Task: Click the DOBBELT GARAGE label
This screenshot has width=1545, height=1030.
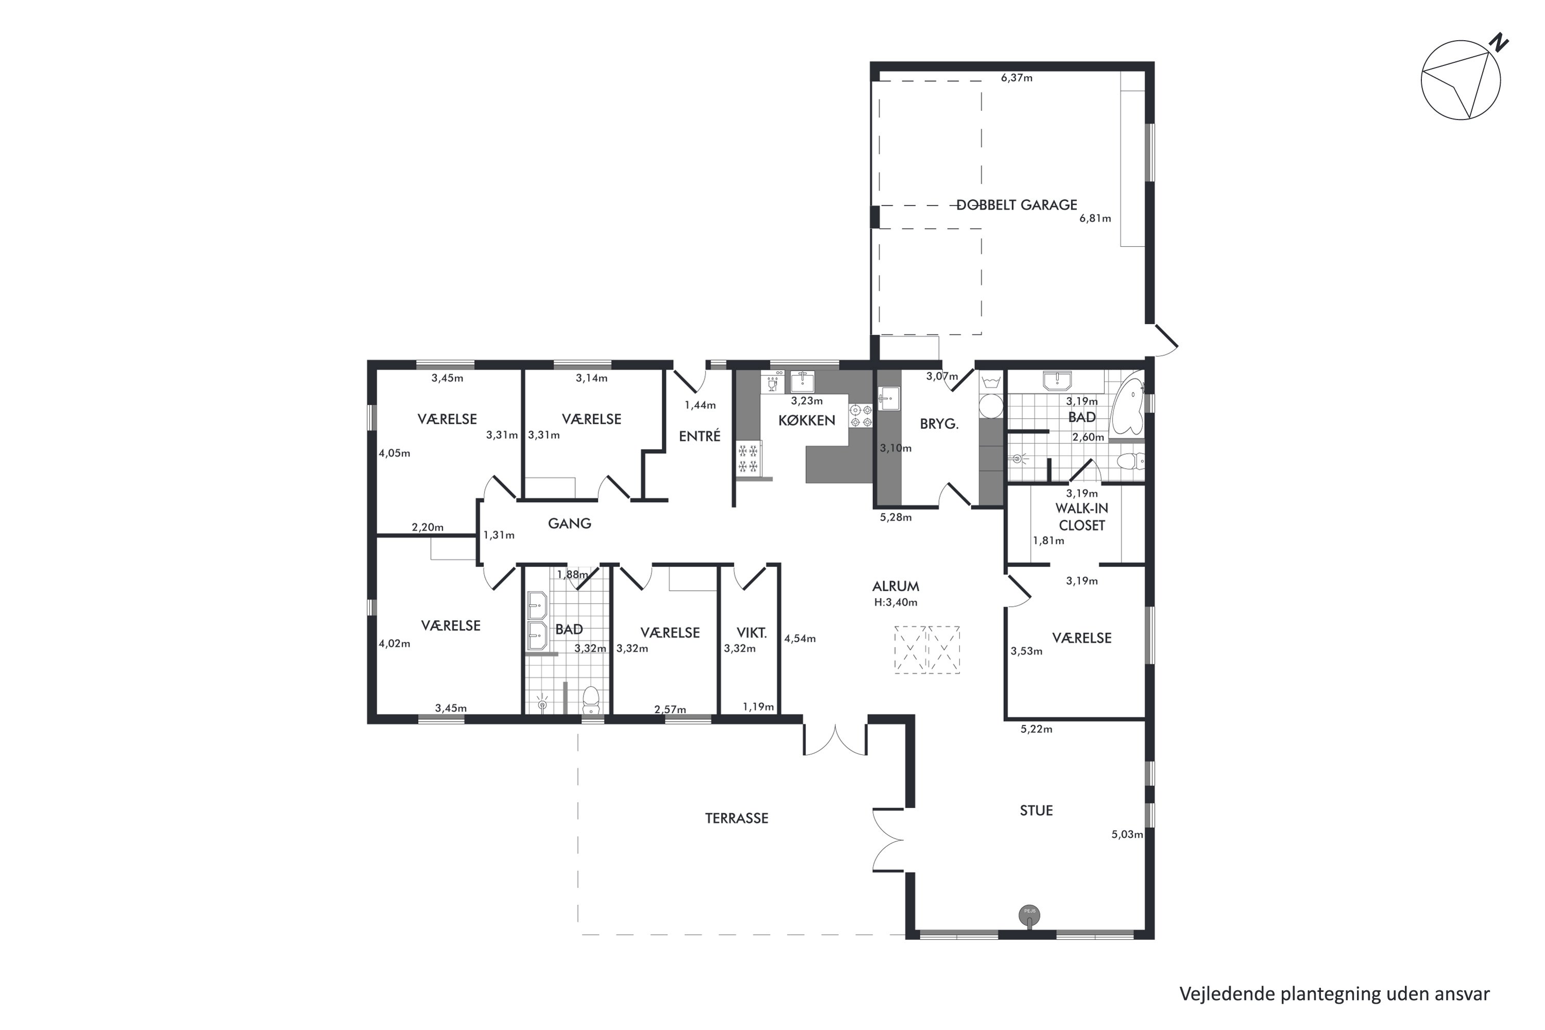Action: coord(1016,205)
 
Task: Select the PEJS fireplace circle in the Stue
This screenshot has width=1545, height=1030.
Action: coord(1029,915)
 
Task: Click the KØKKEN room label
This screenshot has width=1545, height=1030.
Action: coord(806,420)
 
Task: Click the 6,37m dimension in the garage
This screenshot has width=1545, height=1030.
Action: coord(1017,78)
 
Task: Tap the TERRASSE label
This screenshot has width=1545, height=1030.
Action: coord(736,818)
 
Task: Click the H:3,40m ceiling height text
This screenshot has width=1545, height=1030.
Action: coord(896,603)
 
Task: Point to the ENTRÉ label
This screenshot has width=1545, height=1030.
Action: coord(699,436)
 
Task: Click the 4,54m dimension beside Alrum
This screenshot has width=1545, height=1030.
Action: coord(800,639)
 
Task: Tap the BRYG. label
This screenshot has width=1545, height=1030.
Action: coord(939,424)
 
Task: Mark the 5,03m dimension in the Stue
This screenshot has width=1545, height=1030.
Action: coord(1127,835)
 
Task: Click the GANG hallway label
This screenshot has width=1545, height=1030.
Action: coord(570,524)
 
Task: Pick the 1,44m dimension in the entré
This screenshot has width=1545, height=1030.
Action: coord(700,405)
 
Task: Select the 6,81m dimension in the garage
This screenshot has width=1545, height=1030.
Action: coord(1095,219)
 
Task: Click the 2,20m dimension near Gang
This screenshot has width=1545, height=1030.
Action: coord(427,527)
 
